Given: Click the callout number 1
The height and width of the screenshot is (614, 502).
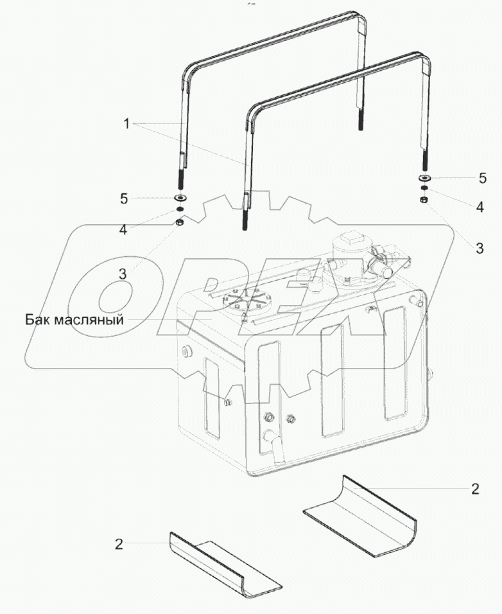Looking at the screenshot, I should click(x=127, y=124).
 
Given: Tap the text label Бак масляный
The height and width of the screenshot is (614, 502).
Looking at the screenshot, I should click(x=74, y=319).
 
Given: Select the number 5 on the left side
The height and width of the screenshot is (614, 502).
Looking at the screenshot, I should click(x=124, y=198).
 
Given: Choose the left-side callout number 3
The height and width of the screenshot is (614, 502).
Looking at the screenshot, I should click(x=123, y=273).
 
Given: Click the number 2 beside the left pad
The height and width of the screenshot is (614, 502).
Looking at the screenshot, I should click(x=119, y=544).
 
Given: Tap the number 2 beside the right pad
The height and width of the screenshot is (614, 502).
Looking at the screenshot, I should click(x=475, y=489).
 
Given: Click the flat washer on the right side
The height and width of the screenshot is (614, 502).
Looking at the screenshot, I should click(x=424, y=177).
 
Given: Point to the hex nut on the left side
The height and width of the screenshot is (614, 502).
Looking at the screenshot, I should click(x=181, y=223).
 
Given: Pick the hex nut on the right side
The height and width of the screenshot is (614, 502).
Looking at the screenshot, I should click(x=424, y=200).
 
